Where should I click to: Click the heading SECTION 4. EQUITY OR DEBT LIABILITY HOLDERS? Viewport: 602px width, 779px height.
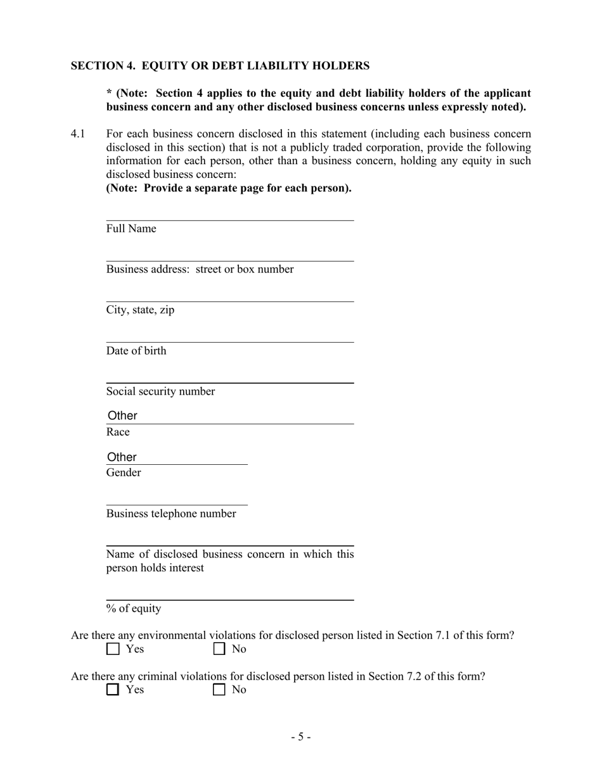point(220,66)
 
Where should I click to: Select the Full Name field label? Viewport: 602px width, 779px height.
point(131,229)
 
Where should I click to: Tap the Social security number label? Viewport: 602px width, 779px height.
point(160,391)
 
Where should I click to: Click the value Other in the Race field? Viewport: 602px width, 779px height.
point(122,415)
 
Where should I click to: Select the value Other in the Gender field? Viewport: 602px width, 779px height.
point(122,457)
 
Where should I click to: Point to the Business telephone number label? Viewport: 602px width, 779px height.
point(171,514)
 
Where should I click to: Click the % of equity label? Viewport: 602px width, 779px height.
point(134,609)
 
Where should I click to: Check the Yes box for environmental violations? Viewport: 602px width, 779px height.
point(113,649)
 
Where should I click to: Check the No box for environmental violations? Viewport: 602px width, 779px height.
point(219,649)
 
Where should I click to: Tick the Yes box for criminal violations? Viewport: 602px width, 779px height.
point(113,690)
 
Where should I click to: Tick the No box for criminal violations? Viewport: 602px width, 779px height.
point(219,690)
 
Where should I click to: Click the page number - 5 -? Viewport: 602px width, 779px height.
point(301,737)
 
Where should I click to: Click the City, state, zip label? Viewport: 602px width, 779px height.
point(140,310)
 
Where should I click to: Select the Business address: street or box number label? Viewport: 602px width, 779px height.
point(200,269)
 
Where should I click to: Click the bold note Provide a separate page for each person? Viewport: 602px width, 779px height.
point(229,188)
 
